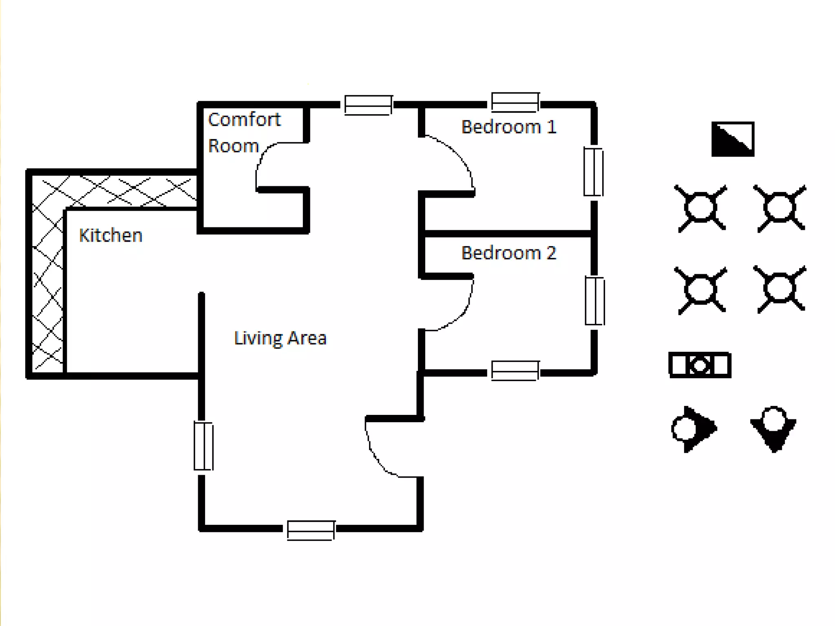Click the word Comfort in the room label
tap(244, 119)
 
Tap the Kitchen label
tap(110, 235)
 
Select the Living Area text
tap(281, 338)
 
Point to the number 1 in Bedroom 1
tap(552, 127)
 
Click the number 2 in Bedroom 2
tap(551, 253)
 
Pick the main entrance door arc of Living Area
tap(373, 452)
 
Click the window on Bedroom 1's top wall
tap(515, 102)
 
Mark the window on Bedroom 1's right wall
tap(593, 172)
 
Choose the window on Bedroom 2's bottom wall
tap(515, 370)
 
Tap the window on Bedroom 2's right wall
tap(594, 301)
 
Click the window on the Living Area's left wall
tap(203, 446)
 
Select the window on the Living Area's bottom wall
tap(311, 530)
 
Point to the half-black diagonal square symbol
tap(733, 139)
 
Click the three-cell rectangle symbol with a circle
tap(700, 365)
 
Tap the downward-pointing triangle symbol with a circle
tap(773, 429)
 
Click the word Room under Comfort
tap(233, 146)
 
